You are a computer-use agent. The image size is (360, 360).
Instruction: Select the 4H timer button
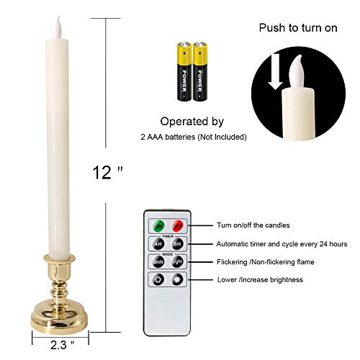pyautogui.click(x=158, y=243)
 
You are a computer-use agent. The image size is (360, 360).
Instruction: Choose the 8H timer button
pyautogui.click(x=177, y=243)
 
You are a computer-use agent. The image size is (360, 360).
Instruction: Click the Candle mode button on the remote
pyautogui.click(x=158, y=262)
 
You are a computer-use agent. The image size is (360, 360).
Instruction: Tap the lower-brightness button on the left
pyautogui.click(x=158, y=280)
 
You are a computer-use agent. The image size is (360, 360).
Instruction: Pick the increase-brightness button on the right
pyautogui.click(x=177, y=280)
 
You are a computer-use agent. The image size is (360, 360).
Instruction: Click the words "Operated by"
pyautogui.click(x=192, y=122)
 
